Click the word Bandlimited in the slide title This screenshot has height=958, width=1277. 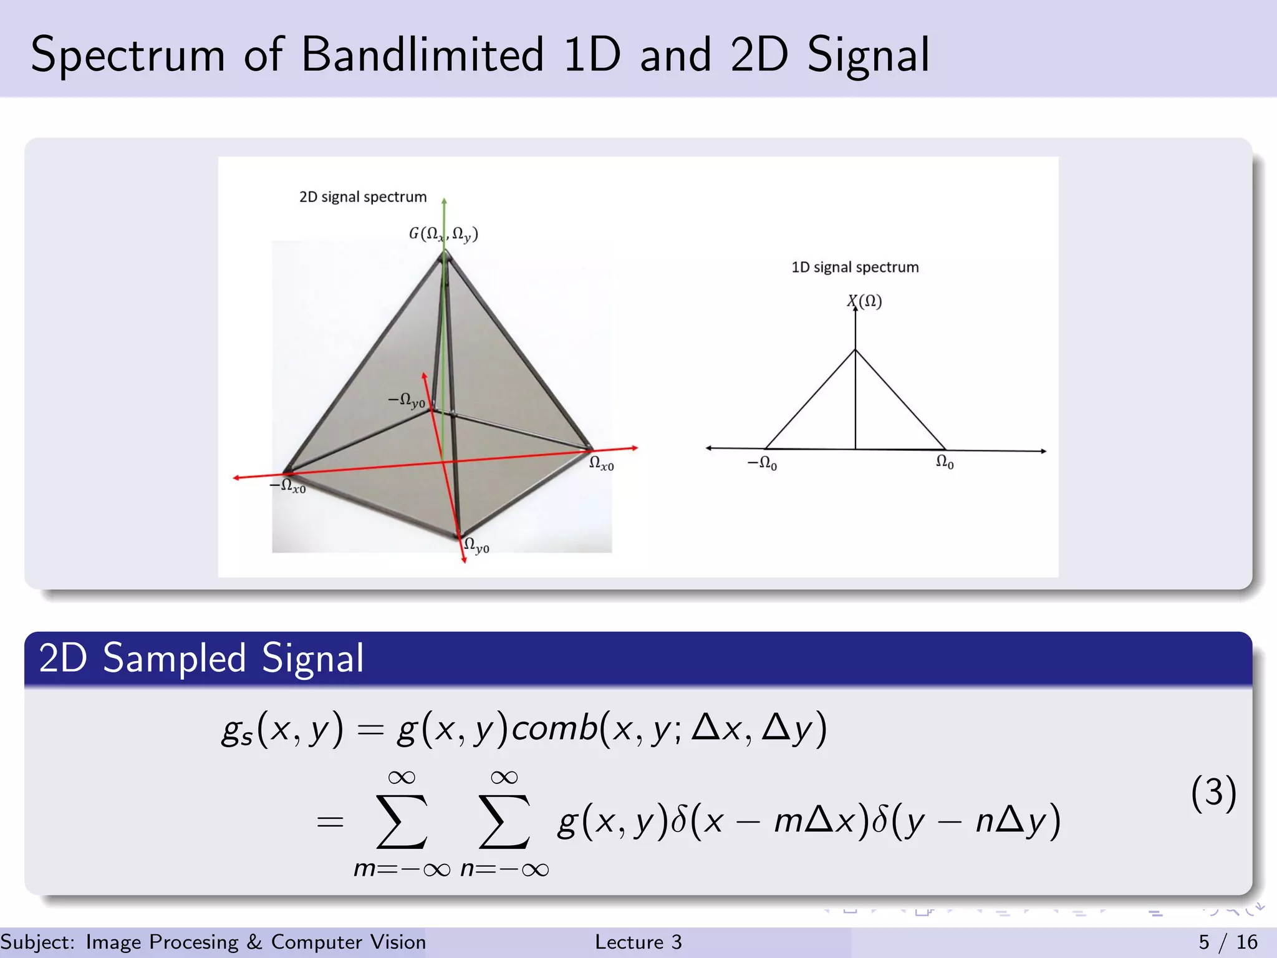(x=423, y=55)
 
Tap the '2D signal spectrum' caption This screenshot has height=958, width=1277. (x=363, y=197)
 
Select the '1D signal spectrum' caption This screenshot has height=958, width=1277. (x=855, y=268)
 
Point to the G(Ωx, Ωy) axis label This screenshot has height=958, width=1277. (x=443, y=234)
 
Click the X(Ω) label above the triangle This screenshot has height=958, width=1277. (x=864, y=301)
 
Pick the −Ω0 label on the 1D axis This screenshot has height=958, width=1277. (x=762, y=463)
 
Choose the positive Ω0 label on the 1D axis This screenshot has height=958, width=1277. (x=945, y=462)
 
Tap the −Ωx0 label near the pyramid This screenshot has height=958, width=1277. (x=287, y=486)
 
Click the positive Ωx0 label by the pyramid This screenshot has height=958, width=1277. (x=602, y=463)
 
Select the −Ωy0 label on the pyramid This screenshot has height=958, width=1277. (x=407, y=400)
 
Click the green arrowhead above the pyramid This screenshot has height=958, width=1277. (x=444, y=201)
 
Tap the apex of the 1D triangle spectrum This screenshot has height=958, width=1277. (x=855, y=350)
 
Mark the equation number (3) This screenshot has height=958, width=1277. (x=1213, y=793)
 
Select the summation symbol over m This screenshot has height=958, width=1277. (x=402, y=822)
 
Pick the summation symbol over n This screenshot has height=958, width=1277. (x=504, y=822)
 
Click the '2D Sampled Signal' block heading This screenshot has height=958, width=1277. (x=201, y=658)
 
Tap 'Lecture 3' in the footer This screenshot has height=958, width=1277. (x=638, y=942)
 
